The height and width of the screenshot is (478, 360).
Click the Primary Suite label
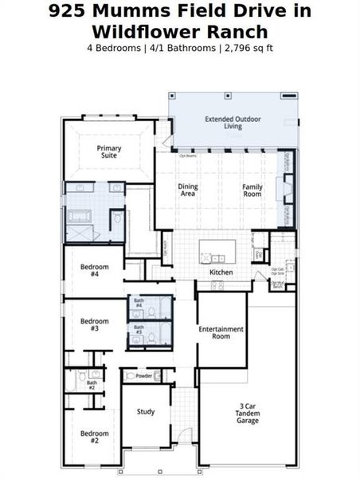[109, 151]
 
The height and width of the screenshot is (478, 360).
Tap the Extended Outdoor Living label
[233, 122]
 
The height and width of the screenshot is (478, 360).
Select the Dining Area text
[188, 190]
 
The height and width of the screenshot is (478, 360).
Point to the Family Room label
[252, 190]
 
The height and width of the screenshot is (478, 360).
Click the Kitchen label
[221, 272]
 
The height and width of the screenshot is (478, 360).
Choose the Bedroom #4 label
[94, 270]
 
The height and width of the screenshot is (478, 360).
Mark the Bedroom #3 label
[94, 324]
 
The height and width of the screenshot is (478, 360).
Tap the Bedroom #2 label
[94, 436]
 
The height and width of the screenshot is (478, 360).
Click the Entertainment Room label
[221, 332]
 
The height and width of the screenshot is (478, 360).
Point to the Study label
[146, 412]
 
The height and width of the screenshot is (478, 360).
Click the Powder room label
[144, 376]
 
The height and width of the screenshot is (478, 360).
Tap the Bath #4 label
[139, 303]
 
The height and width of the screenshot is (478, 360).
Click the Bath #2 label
[92, 385]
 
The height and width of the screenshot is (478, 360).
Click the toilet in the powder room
[129, 376]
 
